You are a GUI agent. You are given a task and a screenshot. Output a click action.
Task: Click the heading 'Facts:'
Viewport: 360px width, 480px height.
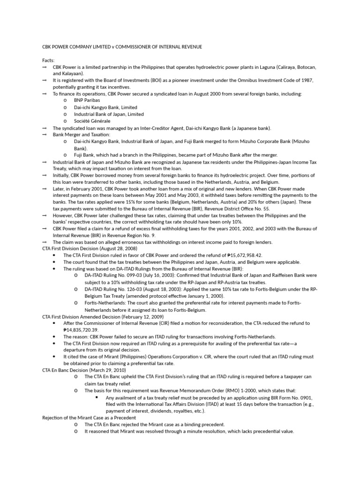point(48,60)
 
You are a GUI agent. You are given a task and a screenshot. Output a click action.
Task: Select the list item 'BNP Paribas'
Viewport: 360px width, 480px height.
point(87,101)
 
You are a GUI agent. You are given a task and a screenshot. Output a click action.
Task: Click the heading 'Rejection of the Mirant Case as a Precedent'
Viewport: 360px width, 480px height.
point(89,418)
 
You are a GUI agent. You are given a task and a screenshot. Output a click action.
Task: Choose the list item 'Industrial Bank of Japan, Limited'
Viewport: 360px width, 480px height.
point(109,114)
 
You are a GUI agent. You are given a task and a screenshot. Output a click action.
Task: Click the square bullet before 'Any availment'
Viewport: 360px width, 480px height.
point(96,397)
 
